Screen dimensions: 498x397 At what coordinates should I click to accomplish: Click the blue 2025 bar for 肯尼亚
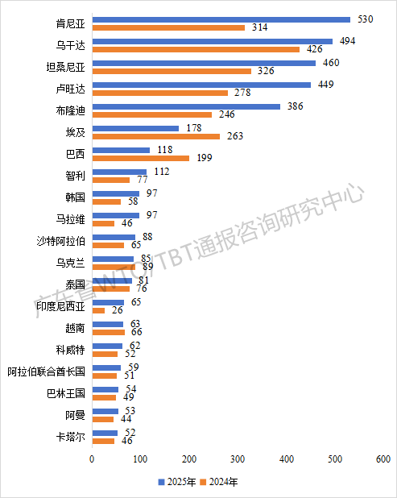pos(221,19)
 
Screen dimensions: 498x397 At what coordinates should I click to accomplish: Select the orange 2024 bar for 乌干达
pos(196,49)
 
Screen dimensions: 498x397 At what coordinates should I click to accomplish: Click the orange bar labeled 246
pos(152,114)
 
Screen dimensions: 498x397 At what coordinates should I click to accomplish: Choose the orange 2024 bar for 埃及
pos(156,136)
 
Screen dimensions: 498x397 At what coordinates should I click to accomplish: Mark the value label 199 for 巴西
pos(205,157)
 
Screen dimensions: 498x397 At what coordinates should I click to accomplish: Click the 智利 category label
pos(75,175)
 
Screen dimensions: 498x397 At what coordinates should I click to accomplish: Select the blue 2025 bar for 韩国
pos(116,193)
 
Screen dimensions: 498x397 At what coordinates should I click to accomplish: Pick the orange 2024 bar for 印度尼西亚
pos(99,310)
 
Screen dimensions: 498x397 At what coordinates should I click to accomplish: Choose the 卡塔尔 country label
pos(72,438)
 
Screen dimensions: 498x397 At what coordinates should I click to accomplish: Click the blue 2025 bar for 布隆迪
pos(187,106)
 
